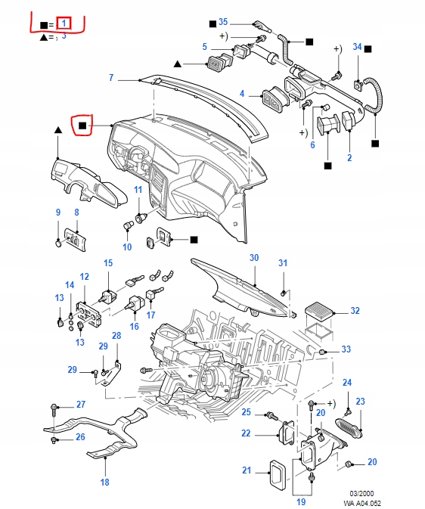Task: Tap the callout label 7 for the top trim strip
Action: pos(111,78)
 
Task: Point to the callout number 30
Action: pos(254,258)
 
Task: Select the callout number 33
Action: pos(346,349)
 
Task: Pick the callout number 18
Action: pos(105,482)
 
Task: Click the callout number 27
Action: pos(81,405)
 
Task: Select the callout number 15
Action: pos(108,263)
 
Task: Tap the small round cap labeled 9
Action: pos(59,243)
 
